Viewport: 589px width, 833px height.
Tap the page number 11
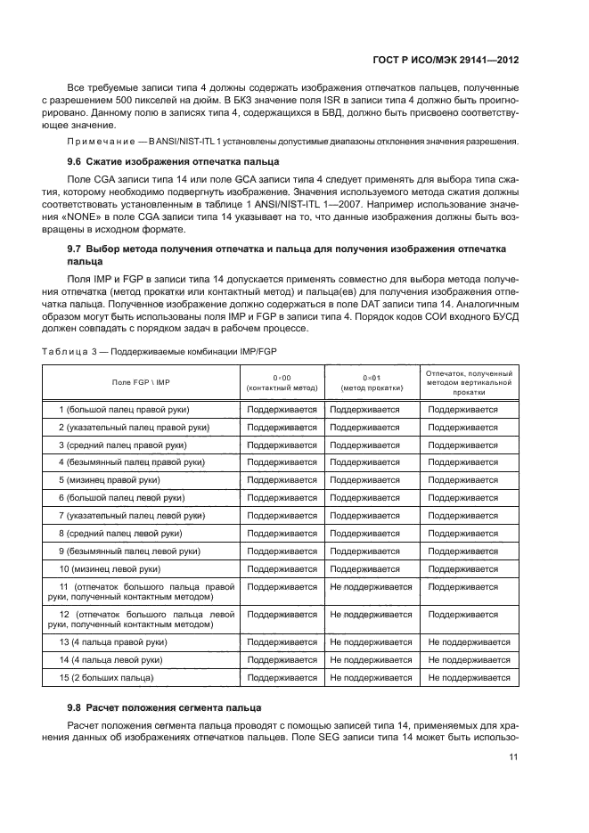pos(513,757)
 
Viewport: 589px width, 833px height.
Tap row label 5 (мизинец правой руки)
pos(115,478)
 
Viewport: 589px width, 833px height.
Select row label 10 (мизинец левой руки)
pos(121,568)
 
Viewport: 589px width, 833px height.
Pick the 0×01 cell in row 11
pos(371,587)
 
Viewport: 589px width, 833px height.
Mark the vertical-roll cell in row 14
pos(469,660)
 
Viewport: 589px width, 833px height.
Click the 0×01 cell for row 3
pos(364,445)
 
